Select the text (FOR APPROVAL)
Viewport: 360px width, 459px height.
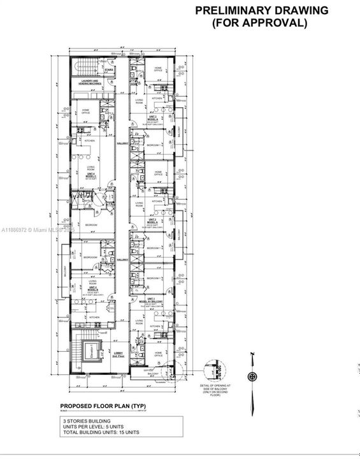pos(261,23)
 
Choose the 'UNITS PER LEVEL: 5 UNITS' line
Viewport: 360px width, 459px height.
pos(92,427)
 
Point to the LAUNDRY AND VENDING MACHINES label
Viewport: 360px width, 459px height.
pos(93,82)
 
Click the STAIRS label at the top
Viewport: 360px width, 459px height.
pos(109,70)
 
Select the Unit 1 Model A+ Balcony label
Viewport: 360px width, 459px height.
pos(152,301)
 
